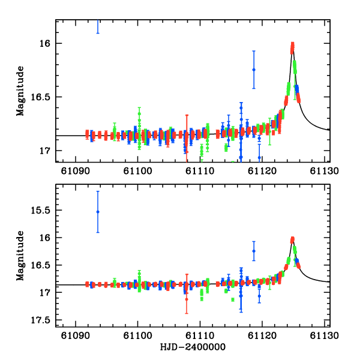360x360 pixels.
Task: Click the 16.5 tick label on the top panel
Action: (x=42, y=97)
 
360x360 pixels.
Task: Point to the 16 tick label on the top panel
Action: (x=46, y=43)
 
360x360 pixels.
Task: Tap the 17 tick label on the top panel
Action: (x=46, y=151)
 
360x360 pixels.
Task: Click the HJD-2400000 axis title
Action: (x=193, y=347)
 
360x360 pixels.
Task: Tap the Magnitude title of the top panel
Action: (x=20, y=91)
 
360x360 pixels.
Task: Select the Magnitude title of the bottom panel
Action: (x=20, y=256)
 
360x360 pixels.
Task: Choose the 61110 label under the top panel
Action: (x=199, y=170)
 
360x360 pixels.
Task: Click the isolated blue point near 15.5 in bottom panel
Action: (x=98, y=212)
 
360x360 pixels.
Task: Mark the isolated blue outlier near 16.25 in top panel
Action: (x=254, y=70)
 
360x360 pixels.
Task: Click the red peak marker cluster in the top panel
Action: (x=292, y=48)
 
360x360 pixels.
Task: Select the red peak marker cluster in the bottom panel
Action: (x=292, y=240)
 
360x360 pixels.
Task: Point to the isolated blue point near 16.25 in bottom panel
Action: (x=254, y=251)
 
